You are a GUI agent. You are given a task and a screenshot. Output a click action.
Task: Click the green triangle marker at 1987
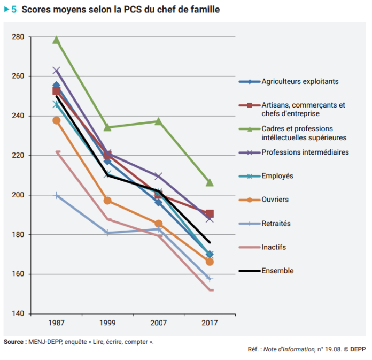tap(57, 40)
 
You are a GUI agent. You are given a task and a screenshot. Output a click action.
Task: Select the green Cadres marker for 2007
tap(159, 121)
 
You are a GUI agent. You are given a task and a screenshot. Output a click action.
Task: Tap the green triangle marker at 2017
tap(210, 183)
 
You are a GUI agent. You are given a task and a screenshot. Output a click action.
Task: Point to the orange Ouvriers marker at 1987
tap(57, 120)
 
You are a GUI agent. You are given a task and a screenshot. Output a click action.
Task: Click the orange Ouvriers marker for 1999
tap(107, 201)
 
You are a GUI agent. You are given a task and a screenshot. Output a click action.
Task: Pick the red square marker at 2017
tap(210, 213)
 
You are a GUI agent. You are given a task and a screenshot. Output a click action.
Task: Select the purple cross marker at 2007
tap(159, 176)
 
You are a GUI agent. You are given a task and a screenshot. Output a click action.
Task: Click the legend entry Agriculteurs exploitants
tap(300, 82)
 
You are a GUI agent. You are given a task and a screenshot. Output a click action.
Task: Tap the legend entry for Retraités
tap(276, 224)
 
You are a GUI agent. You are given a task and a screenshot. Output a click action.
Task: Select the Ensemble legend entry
tap(277, 271)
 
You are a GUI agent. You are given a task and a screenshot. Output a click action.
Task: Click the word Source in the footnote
tap(13, 341)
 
